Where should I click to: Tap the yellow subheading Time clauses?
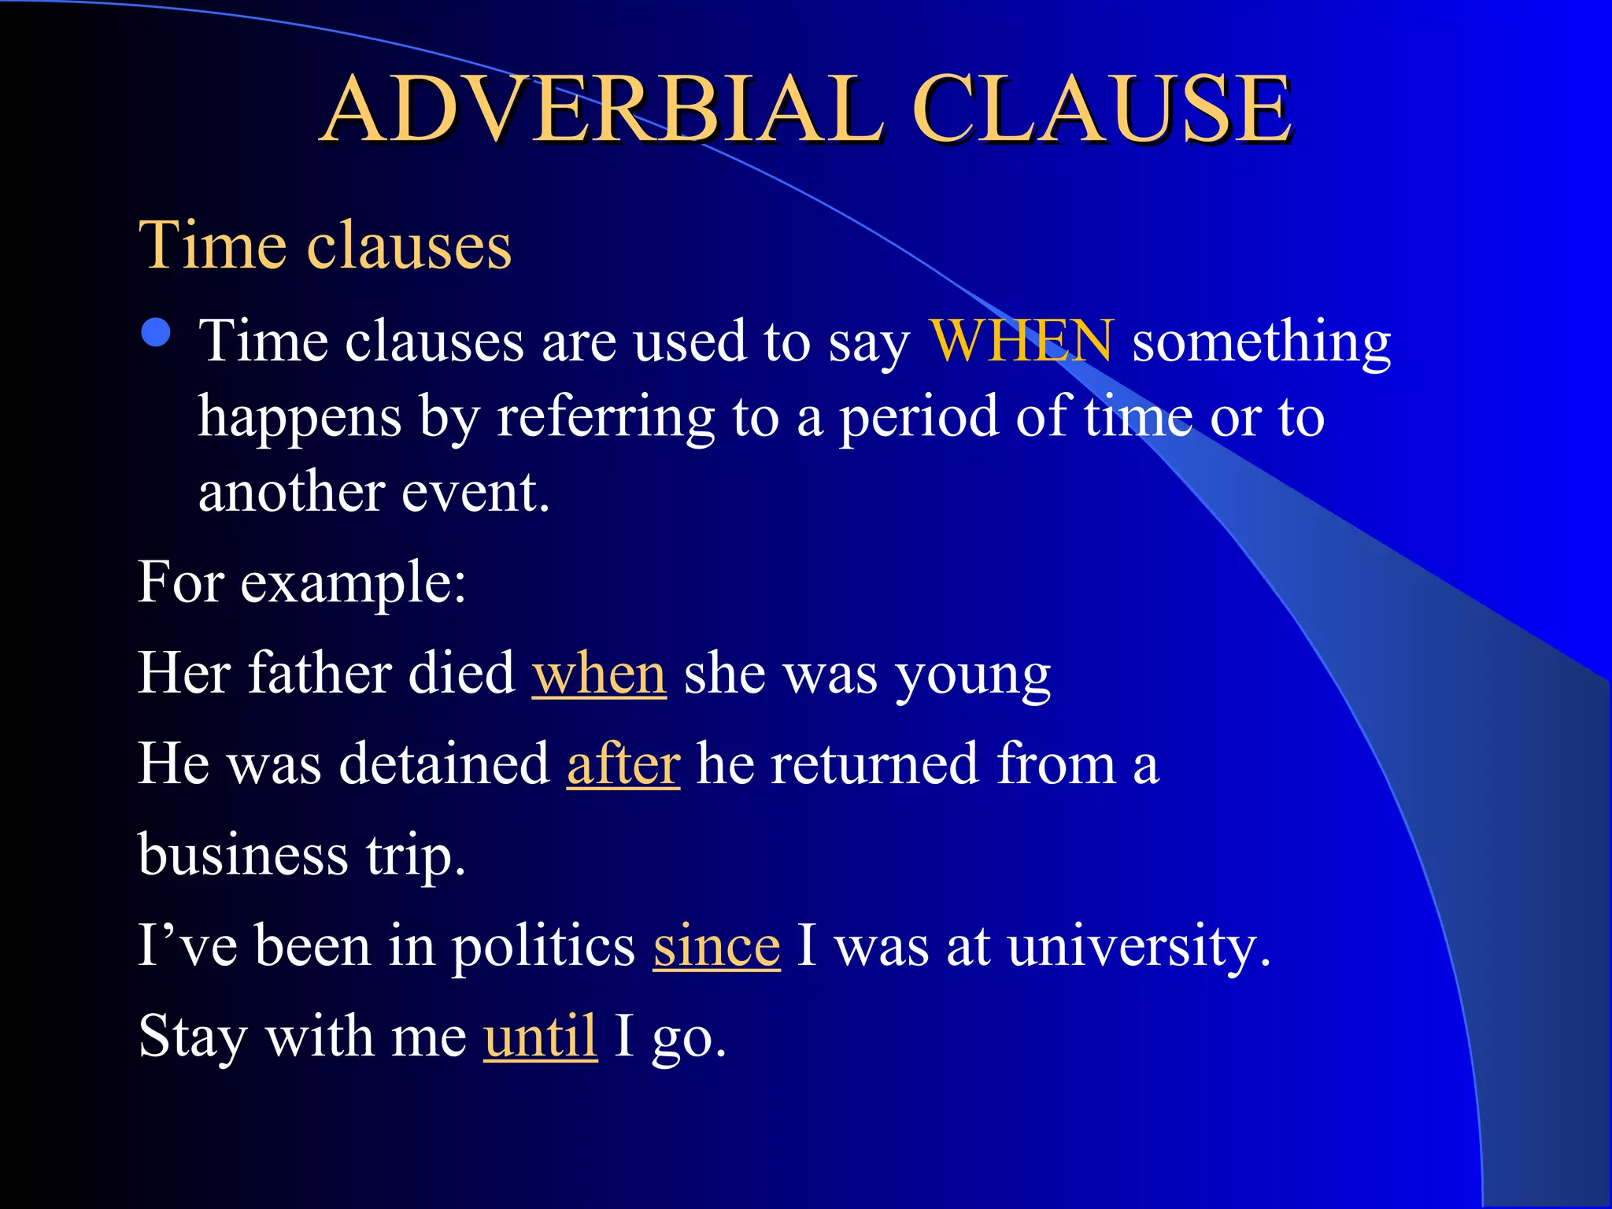click(325, 246)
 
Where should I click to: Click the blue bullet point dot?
click(157, 333)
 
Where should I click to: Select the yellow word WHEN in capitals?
click(1021, 341)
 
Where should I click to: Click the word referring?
click(604, 418)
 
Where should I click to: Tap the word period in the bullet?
click(918, 418)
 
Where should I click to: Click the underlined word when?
click(599, 675)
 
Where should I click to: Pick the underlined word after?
click(623, 764)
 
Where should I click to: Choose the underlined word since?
click(716, 946)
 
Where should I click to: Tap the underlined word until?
click(540, 1037)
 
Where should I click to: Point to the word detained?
click(444, 764)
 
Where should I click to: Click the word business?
click(243, 855)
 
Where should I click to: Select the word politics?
click(543, 946)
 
